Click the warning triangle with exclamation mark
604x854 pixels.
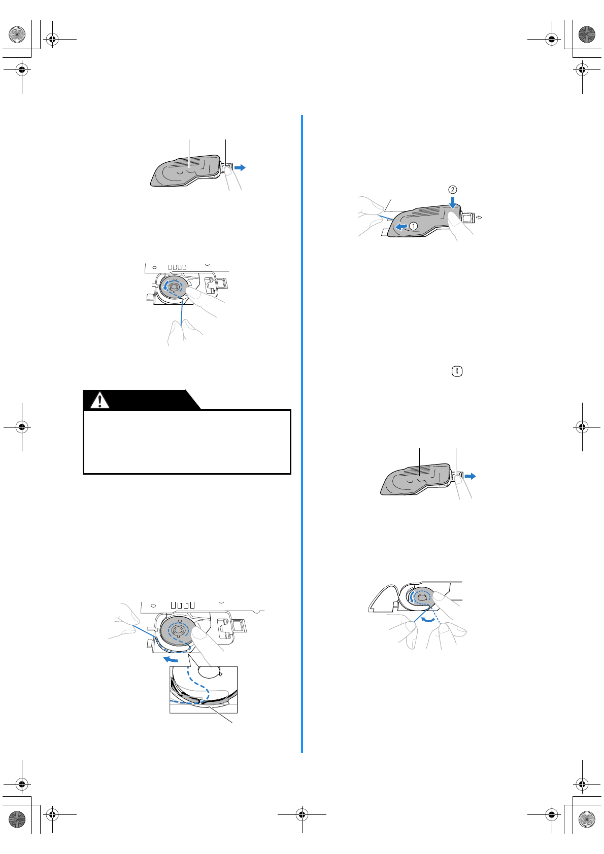click(x=100, y=400)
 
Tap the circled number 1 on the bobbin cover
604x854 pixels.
click(x=414, y=226)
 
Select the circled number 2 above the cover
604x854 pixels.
click(x=452, y=190)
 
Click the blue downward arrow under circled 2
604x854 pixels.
click(x=452, y=202)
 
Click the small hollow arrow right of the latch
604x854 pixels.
click(x=479, y=218)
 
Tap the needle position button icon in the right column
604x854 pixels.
click(x=457, y=372)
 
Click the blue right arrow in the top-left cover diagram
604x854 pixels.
click(x=240, y=167)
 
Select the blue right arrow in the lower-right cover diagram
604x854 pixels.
click(x=470, y=476)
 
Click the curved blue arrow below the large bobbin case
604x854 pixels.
click(x=171, y=660)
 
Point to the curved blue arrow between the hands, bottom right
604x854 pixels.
click(x=429, y=620)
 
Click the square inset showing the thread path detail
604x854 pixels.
click(x=204, y=690)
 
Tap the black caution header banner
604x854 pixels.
click(x=142, y=400)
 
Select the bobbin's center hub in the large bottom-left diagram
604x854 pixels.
click(x=177, y=630)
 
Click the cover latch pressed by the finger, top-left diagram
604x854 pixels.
click(x=226, y=168)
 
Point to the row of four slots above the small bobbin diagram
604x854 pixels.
click(x=178, y=267)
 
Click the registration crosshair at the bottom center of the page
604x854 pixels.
click(x=302, y=815)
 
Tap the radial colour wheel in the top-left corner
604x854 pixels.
click(x=17, y=34)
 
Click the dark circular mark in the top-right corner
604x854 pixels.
click(x=587, y=34)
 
